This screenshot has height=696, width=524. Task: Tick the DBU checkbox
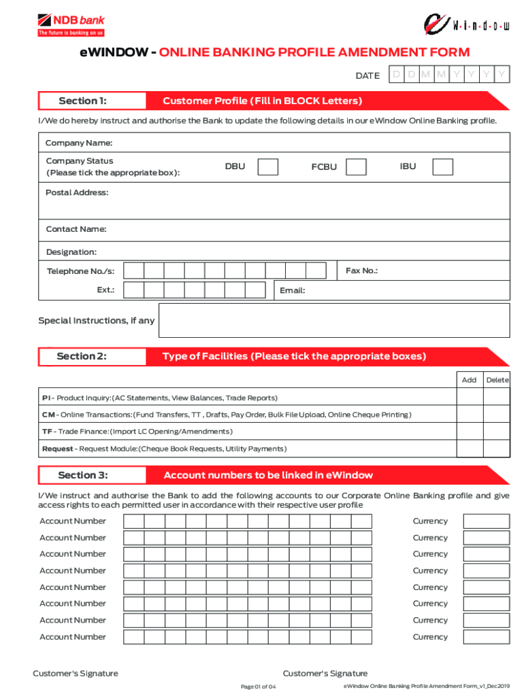(268, 167)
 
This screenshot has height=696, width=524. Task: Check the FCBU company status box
(356, 167)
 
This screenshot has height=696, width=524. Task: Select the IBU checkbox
(442, 167)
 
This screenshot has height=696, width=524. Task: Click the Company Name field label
(78, 143)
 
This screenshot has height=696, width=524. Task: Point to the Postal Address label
(76, 193)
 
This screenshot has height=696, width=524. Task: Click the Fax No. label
(361, 271)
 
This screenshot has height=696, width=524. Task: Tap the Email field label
(292, 291)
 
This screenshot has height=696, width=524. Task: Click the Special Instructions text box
(333, 320)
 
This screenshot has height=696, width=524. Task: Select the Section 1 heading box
(92, 101)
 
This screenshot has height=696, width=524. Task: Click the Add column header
(469, 380)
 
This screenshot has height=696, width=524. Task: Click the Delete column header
(497, 380)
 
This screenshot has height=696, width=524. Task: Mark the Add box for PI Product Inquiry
(469, 398)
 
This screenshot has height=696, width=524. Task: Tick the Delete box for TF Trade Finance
(497, 432)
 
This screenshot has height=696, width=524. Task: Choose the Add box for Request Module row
(469, 449)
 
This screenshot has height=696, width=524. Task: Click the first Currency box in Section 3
(486, 521)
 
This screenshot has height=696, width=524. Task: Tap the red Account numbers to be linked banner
(327, 475)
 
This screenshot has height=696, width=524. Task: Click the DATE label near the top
(367, 76)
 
